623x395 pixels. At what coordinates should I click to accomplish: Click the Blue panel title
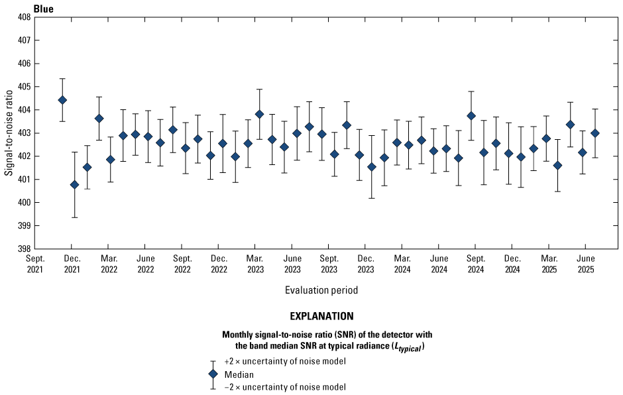44,9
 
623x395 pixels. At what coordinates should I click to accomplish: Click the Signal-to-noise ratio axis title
9,133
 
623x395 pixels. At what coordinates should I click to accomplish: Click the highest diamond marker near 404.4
62,100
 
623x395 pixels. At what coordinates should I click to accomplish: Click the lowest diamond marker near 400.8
74,185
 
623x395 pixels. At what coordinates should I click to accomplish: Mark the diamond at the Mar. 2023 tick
259,114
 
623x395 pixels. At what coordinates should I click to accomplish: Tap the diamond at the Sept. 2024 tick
471,115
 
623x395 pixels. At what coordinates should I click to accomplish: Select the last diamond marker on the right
595,133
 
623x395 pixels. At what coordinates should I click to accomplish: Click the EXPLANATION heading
321,316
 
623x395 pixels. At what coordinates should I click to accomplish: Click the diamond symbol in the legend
213,374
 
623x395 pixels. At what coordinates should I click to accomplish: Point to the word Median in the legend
237,374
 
